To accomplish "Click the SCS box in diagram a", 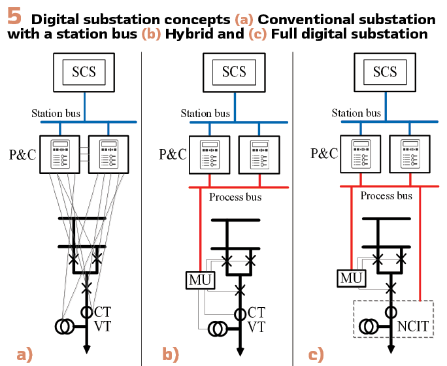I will click(83, 72).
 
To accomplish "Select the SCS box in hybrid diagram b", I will click(233, 72).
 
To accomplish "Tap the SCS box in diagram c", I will click(384, 72).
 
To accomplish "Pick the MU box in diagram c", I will click(351, 278).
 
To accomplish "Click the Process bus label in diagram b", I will click(235, 197).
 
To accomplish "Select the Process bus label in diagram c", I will click(386, 195).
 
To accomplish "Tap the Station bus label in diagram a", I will click(56, 113).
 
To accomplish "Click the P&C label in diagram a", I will click(22, 154).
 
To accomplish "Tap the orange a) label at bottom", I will click(24, 355).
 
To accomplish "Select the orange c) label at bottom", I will click(316, 355).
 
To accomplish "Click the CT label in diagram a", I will click(103, 312).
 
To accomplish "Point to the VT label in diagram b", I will click(257, 327).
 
